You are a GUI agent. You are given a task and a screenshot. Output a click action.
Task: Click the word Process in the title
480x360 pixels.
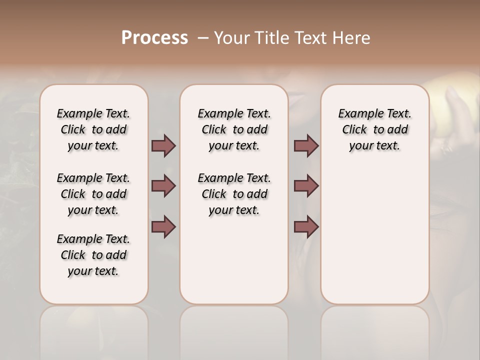154,38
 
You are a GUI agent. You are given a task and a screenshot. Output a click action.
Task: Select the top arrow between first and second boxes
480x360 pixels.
163,145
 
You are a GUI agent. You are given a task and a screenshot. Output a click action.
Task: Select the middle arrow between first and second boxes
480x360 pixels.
163,186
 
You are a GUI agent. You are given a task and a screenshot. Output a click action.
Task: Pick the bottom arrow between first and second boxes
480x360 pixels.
163,227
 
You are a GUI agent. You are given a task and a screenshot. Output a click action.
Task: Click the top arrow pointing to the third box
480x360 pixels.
306,145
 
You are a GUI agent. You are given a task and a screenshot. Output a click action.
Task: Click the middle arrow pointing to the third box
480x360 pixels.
306,186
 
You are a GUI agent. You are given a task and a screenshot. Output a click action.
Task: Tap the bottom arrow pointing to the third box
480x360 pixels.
306,227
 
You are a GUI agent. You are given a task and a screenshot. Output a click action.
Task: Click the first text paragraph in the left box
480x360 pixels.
93,129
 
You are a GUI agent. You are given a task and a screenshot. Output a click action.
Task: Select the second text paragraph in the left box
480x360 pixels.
93,194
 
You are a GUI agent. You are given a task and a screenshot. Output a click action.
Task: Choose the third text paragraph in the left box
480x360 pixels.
93,255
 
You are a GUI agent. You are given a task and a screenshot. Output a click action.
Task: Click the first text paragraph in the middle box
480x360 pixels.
234,129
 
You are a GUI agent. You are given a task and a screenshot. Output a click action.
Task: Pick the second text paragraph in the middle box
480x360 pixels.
234,194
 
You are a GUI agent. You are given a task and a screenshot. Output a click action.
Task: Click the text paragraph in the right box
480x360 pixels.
374,129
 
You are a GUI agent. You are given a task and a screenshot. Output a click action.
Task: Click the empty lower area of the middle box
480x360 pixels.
234,260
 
